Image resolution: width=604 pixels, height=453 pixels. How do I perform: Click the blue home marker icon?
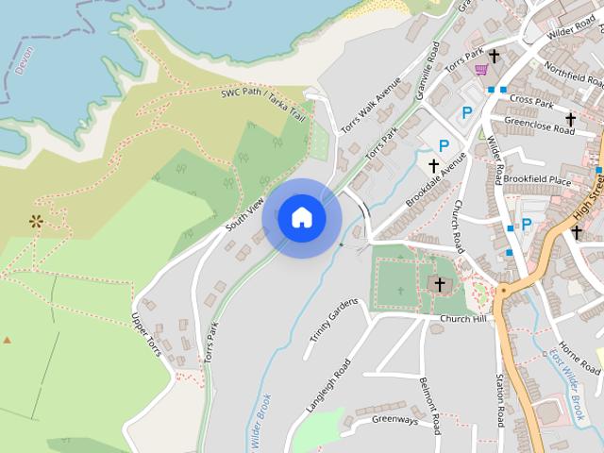tap(302, 217)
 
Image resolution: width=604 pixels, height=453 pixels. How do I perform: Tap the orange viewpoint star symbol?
tap(37, 222)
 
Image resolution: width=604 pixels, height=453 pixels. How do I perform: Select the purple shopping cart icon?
tap(482, 69)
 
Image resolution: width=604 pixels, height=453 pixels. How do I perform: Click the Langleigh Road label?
tap(328, 385)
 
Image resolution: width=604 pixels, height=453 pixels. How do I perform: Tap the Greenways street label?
tap(394, 420)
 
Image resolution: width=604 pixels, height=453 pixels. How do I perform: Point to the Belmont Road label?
tap(428, 406)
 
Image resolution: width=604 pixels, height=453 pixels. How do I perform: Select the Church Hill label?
tap(461, 319)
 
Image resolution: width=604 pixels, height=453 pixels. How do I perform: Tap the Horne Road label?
tap(578, 356)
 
